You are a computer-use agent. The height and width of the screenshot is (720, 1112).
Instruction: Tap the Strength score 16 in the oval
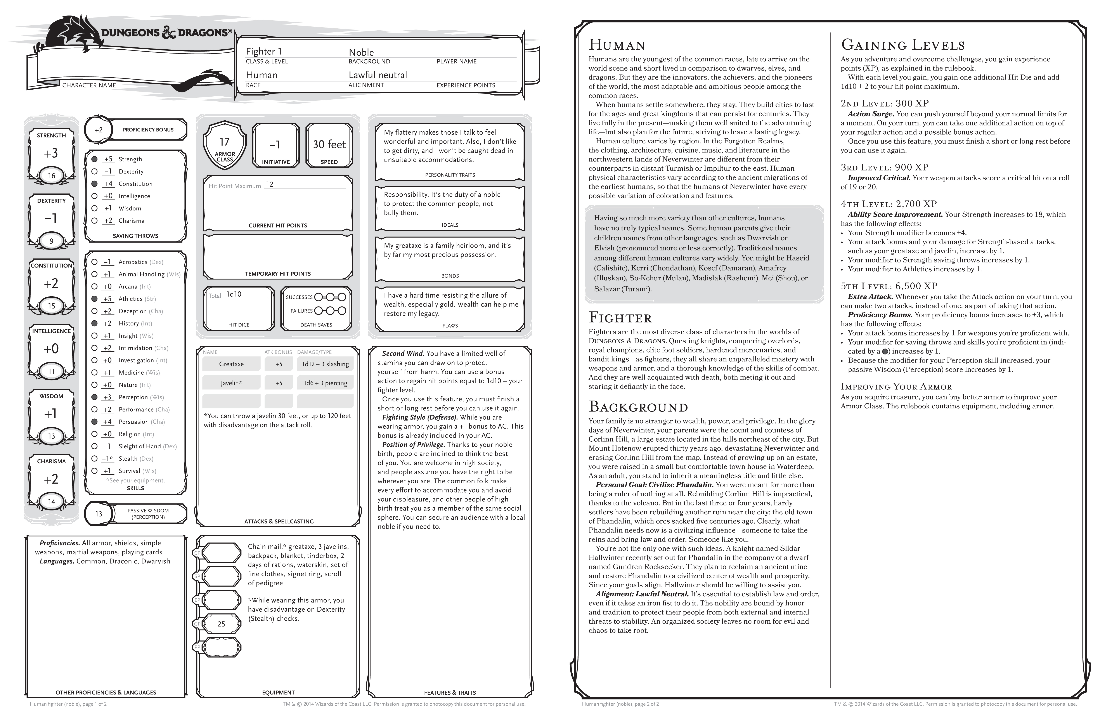click(x=51, y=176)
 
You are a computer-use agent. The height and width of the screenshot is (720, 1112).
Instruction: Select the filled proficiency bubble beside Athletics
click(x=94, y=298)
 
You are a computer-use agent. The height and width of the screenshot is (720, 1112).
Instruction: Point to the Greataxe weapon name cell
click(x=231, y=364)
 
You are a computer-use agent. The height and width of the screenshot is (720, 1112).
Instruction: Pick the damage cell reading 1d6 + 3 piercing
click(x=325, y=383)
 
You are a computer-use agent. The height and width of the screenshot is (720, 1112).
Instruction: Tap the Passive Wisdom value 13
click(x=99, y=514)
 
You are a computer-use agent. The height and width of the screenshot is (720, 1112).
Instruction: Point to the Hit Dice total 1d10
click(x=234, y=294)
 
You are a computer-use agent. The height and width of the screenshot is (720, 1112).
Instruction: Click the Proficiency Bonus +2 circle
click(x=99, y=130)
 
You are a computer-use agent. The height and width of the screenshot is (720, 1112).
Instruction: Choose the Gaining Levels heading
click(x=903, y=45)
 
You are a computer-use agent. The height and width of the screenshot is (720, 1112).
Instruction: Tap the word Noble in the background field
click(x=361, y=52)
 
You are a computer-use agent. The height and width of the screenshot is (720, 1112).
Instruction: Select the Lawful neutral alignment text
click(x=378, y=75)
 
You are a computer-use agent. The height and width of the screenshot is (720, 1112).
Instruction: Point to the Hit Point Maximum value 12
click(x=270, y=185)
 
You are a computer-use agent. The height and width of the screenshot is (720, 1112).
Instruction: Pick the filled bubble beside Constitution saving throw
click(x=94, y=184)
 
